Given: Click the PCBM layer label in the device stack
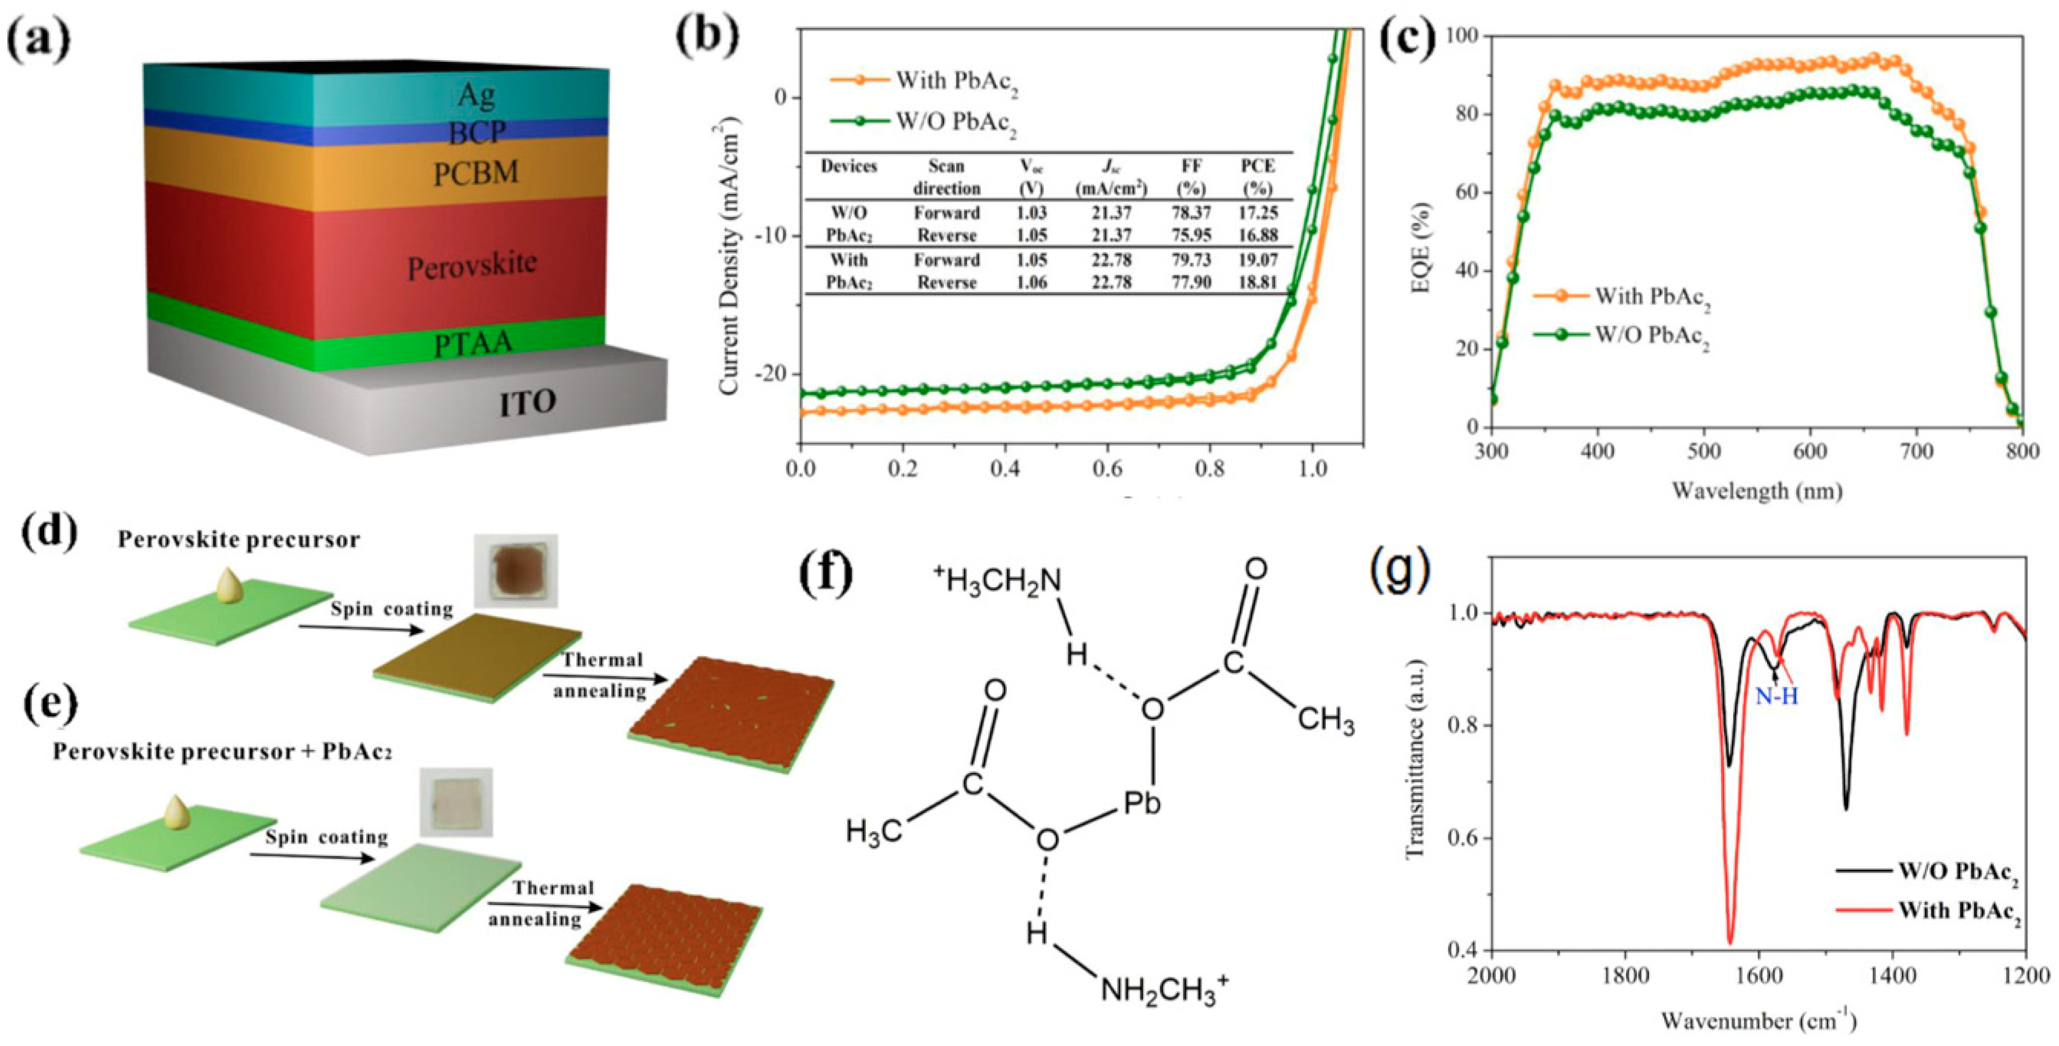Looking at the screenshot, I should point(476,172).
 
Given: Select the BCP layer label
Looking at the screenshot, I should point(477,133).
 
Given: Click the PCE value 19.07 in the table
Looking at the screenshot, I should point(1258,260).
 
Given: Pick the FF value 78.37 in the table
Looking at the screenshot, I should point(1190,213).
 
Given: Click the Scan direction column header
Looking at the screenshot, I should point(946,177).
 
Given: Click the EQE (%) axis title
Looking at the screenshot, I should point(1421,248).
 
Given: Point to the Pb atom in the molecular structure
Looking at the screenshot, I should point(1142,803).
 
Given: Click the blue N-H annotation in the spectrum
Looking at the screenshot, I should point(1776,697).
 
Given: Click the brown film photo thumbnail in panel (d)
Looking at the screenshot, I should point(515,571).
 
